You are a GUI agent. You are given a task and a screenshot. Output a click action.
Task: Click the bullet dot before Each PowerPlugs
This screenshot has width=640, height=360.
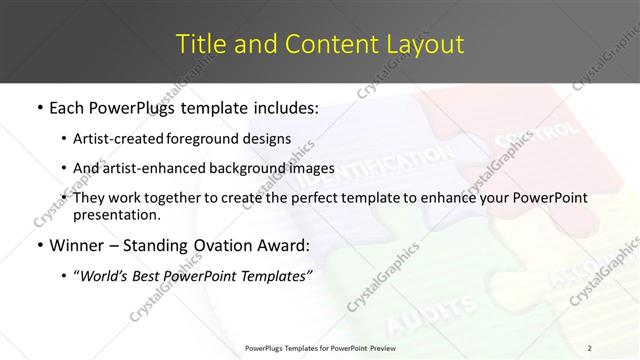click(x=39, y=107)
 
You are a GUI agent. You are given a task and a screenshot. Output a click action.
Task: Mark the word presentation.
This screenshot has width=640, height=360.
click(x=117, y=214)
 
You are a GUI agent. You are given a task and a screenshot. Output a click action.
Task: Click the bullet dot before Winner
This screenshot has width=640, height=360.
click(x=39, y=246)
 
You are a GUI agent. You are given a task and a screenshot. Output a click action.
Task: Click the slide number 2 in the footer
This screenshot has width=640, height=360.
click(x=590, y=347)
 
